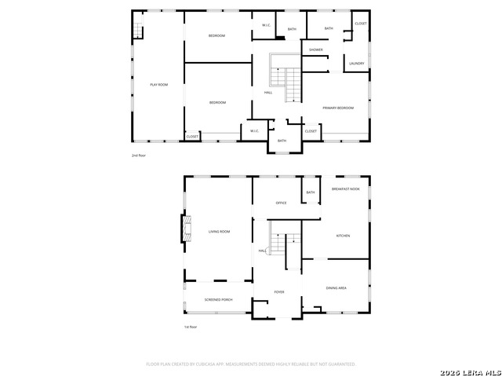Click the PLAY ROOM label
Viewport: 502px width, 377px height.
(x=159, y=85)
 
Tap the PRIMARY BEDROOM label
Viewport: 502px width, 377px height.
(x=338, y=108)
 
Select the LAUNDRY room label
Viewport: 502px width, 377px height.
(x=357, y=63)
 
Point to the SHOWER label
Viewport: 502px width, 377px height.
(x=316, y=49)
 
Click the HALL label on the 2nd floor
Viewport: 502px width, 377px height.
(x=268, y=93)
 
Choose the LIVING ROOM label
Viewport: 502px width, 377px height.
(x=219, y=232)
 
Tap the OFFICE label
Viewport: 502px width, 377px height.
(x=281, y=203)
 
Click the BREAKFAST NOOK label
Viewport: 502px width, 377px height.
(x=345, y=189)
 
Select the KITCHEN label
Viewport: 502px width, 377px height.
(x=343, y=236)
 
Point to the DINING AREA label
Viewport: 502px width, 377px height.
(x=336, y=288)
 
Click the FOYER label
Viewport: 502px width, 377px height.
(x=278, y=292)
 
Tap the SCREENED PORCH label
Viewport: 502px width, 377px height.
(x=218, y=300)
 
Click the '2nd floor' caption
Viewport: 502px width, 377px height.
(x=139, y=156)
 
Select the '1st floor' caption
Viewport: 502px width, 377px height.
(x=191, y=327)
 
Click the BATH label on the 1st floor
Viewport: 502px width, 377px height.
(x=310, y=192)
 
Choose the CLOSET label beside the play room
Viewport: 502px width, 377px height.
(x=192, y=137)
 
